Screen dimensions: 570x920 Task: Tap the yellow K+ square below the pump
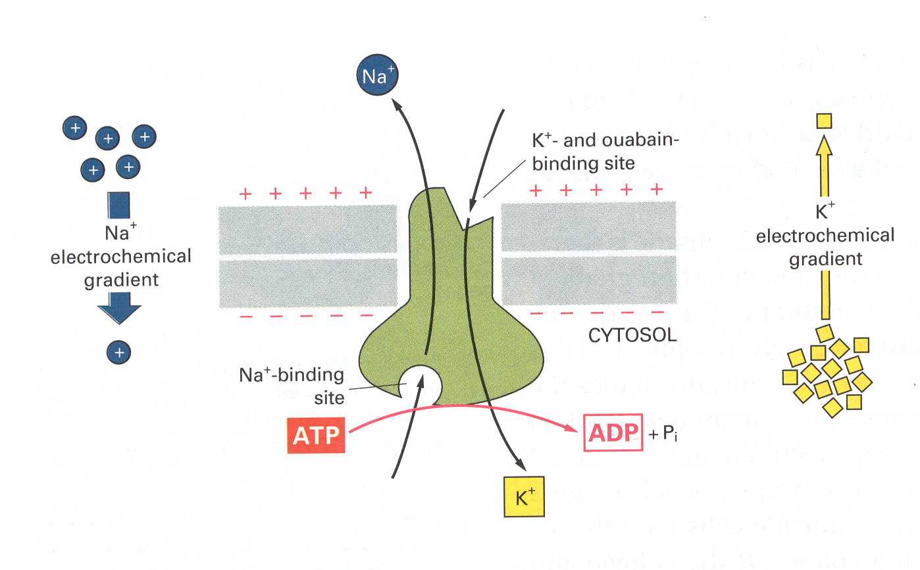[x=521, y=497]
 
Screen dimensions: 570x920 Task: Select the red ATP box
[x=317, y=434]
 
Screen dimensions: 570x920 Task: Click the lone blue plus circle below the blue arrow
[x=118, y=353]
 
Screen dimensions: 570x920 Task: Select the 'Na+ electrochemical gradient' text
[x=120, y=256]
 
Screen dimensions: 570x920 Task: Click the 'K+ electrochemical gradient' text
[x=825, y=236]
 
